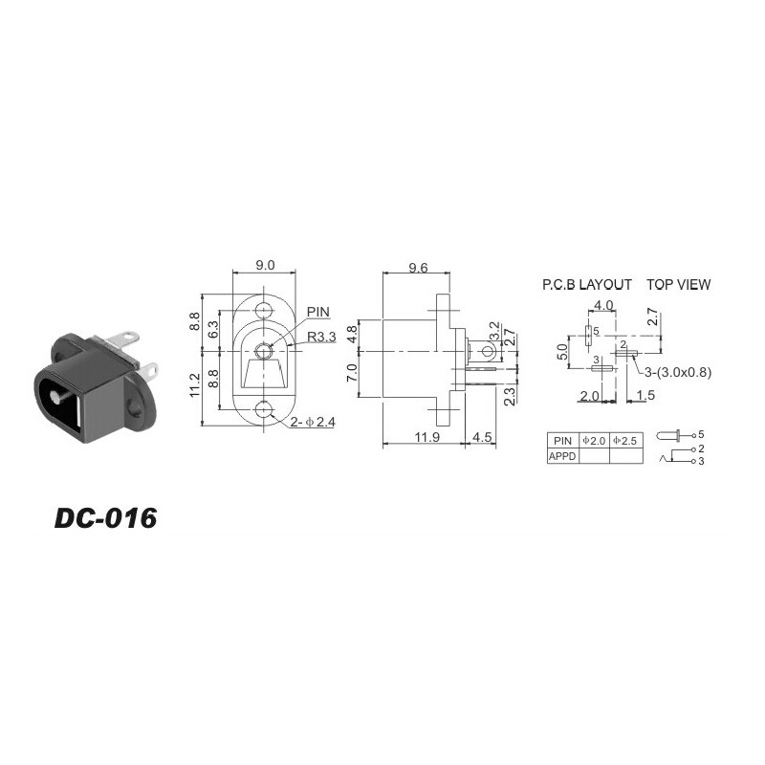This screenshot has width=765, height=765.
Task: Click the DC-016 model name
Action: (x=105, y=517)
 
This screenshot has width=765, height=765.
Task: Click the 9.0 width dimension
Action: (x=265, y=265)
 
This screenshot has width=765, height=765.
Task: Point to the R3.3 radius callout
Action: (x=321, y=337)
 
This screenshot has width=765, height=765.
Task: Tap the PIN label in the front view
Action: (x=318, y=312)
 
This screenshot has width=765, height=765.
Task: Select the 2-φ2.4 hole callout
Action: (x=313, y=422)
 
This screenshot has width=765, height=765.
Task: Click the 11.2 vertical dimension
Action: (x=195, y=385)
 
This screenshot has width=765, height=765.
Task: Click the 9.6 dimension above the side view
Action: (x=418, y=268)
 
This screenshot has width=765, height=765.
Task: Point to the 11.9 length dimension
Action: (x=426, y=437)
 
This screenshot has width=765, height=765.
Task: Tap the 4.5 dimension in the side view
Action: (x=482, y=437)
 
